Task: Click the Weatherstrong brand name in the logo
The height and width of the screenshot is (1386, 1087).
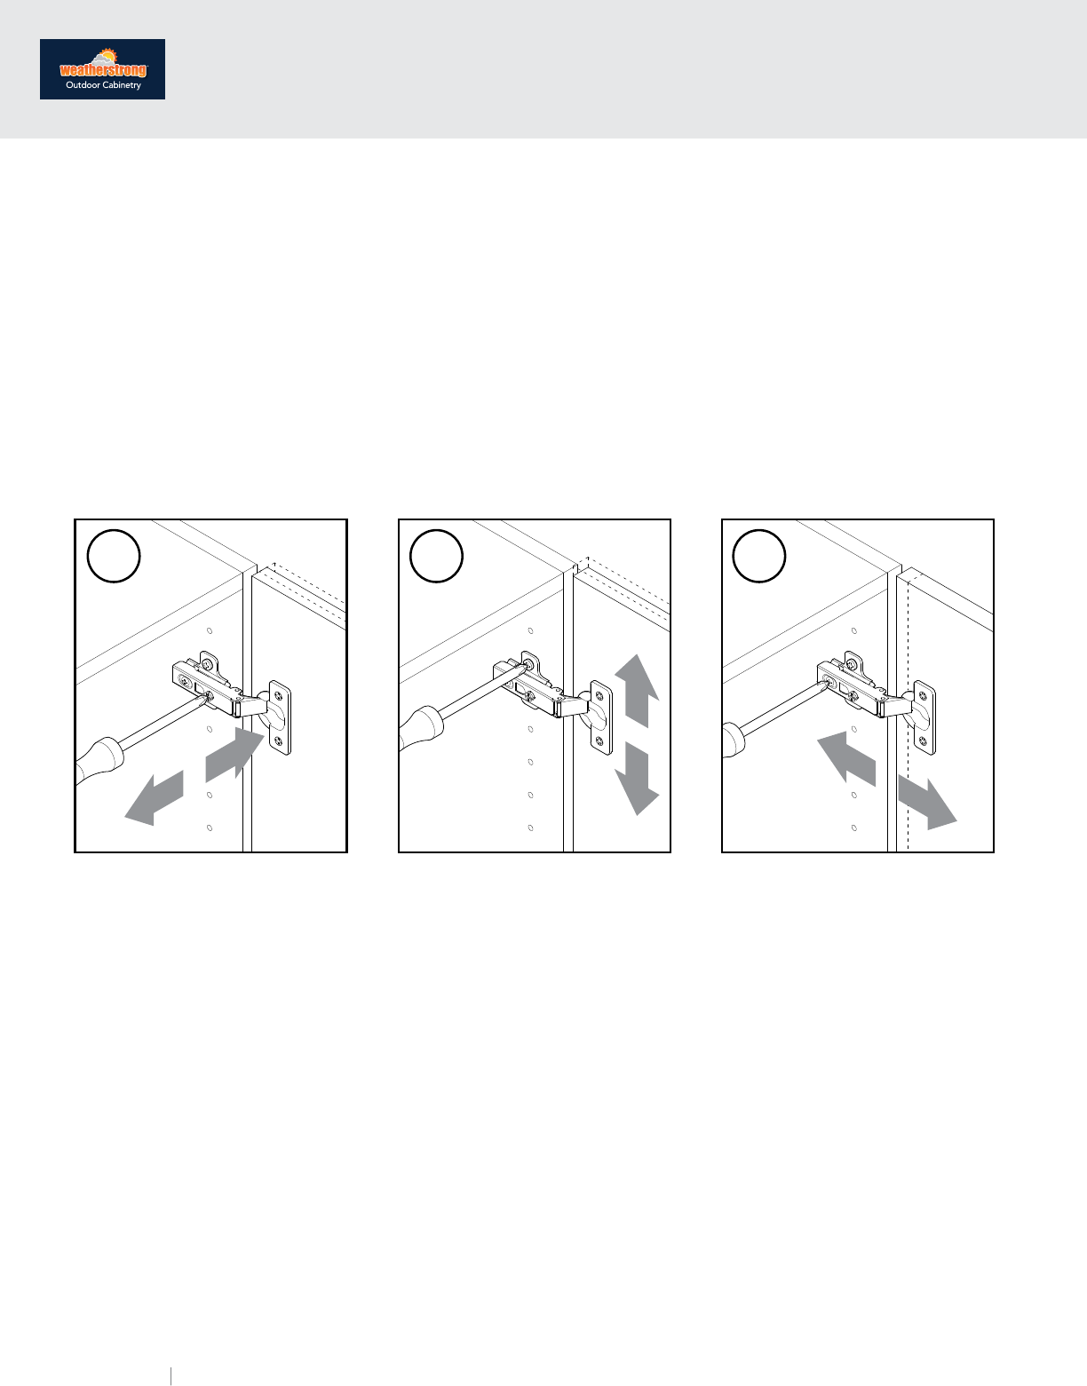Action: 103,70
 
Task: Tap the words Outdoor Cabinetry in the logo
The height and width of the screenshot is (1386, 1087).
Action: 103,85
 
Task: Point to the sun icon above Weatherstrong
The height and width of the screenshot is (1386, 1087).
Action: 107,55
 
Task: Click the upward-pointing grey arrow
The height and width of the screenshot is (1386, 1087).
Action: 637,690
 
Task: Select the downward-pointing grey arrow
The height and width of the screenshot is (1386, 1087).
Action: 637,778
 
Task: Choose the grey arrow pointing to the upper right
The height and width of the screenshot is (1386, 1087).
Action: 234,754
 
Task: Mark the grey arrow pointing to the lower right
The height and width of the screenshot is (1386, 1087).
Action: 927,803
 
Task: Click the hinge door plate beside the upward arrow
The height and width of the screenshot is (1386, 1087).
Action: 600,717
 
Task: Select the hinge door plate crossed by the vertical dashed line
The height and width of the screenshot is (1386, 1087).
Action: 924,717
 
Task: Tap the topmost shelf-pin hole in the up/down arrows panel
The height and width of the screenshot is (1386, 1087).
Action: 531,630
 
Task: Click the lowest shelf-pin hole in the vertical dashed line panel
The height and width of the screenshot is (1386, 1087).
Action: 854,828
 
